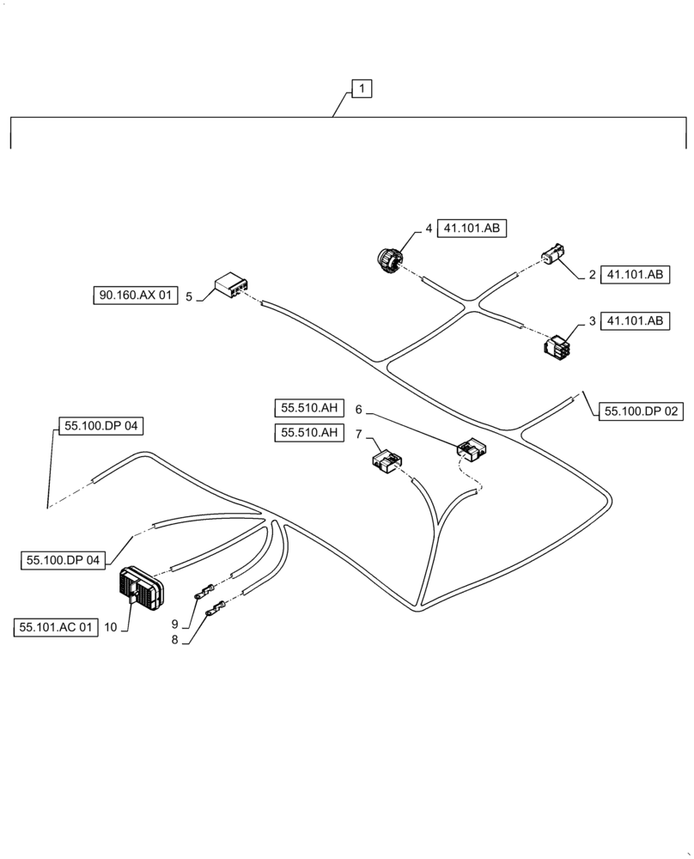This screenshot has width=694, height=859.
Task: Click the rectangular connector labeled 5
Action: click(230, 286)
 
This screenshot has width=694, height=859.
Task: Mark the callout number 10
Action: click(110, 628)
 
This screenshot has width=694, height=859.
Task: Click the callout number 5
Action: click(188, 296)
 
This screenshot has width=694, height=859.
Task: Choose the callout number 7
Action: click(358, 434)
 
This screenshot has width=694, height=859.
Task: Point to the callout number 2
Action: click(592, 275)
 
